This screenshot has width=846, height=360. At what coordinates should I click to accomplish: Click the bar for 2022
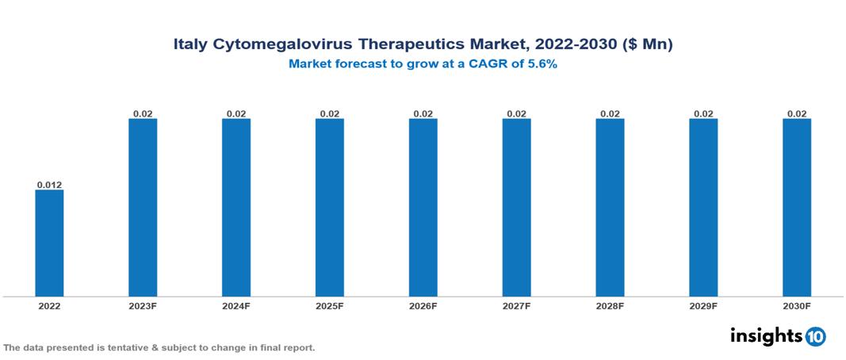[49, 243]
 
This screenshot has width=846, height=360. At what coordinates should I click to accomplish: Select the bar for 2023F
[143, 207]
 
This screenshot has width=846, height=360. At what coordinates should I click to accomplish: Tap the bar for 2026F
[423, 207]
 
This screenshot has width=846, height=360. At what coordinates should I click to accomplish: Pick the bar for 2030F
[796, 207]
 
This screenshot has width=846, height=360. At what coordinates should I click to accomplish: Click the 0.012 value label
[49, 185]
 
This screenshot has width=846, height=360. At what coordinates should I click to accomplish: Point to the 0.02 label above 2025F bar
[329, 113]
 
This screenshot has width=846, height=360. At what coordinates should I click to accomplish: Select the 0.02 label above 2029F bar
[702, 113]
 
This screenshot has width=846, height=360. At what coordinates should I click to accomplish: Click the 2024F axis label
[236, 306]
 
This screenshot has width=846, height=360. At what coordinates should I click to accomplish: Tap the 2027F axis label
[516, 306]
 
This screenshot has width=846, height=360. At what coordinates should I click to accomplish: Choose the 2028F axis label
[610, 306]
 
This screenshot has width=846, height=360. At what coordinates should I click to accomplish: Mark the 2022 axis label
[49, 306]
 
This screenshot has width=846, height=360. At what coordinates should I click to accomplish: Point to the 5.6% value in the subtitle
[542, 64]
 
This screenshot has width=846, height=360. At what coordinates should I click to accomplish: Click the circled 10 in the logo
[815, 336]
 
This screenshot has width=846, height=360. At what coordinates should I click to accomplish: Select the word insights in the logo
[766, 335]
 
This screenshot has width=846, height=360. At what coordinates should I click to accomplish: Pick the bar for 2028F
[610, 207]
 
